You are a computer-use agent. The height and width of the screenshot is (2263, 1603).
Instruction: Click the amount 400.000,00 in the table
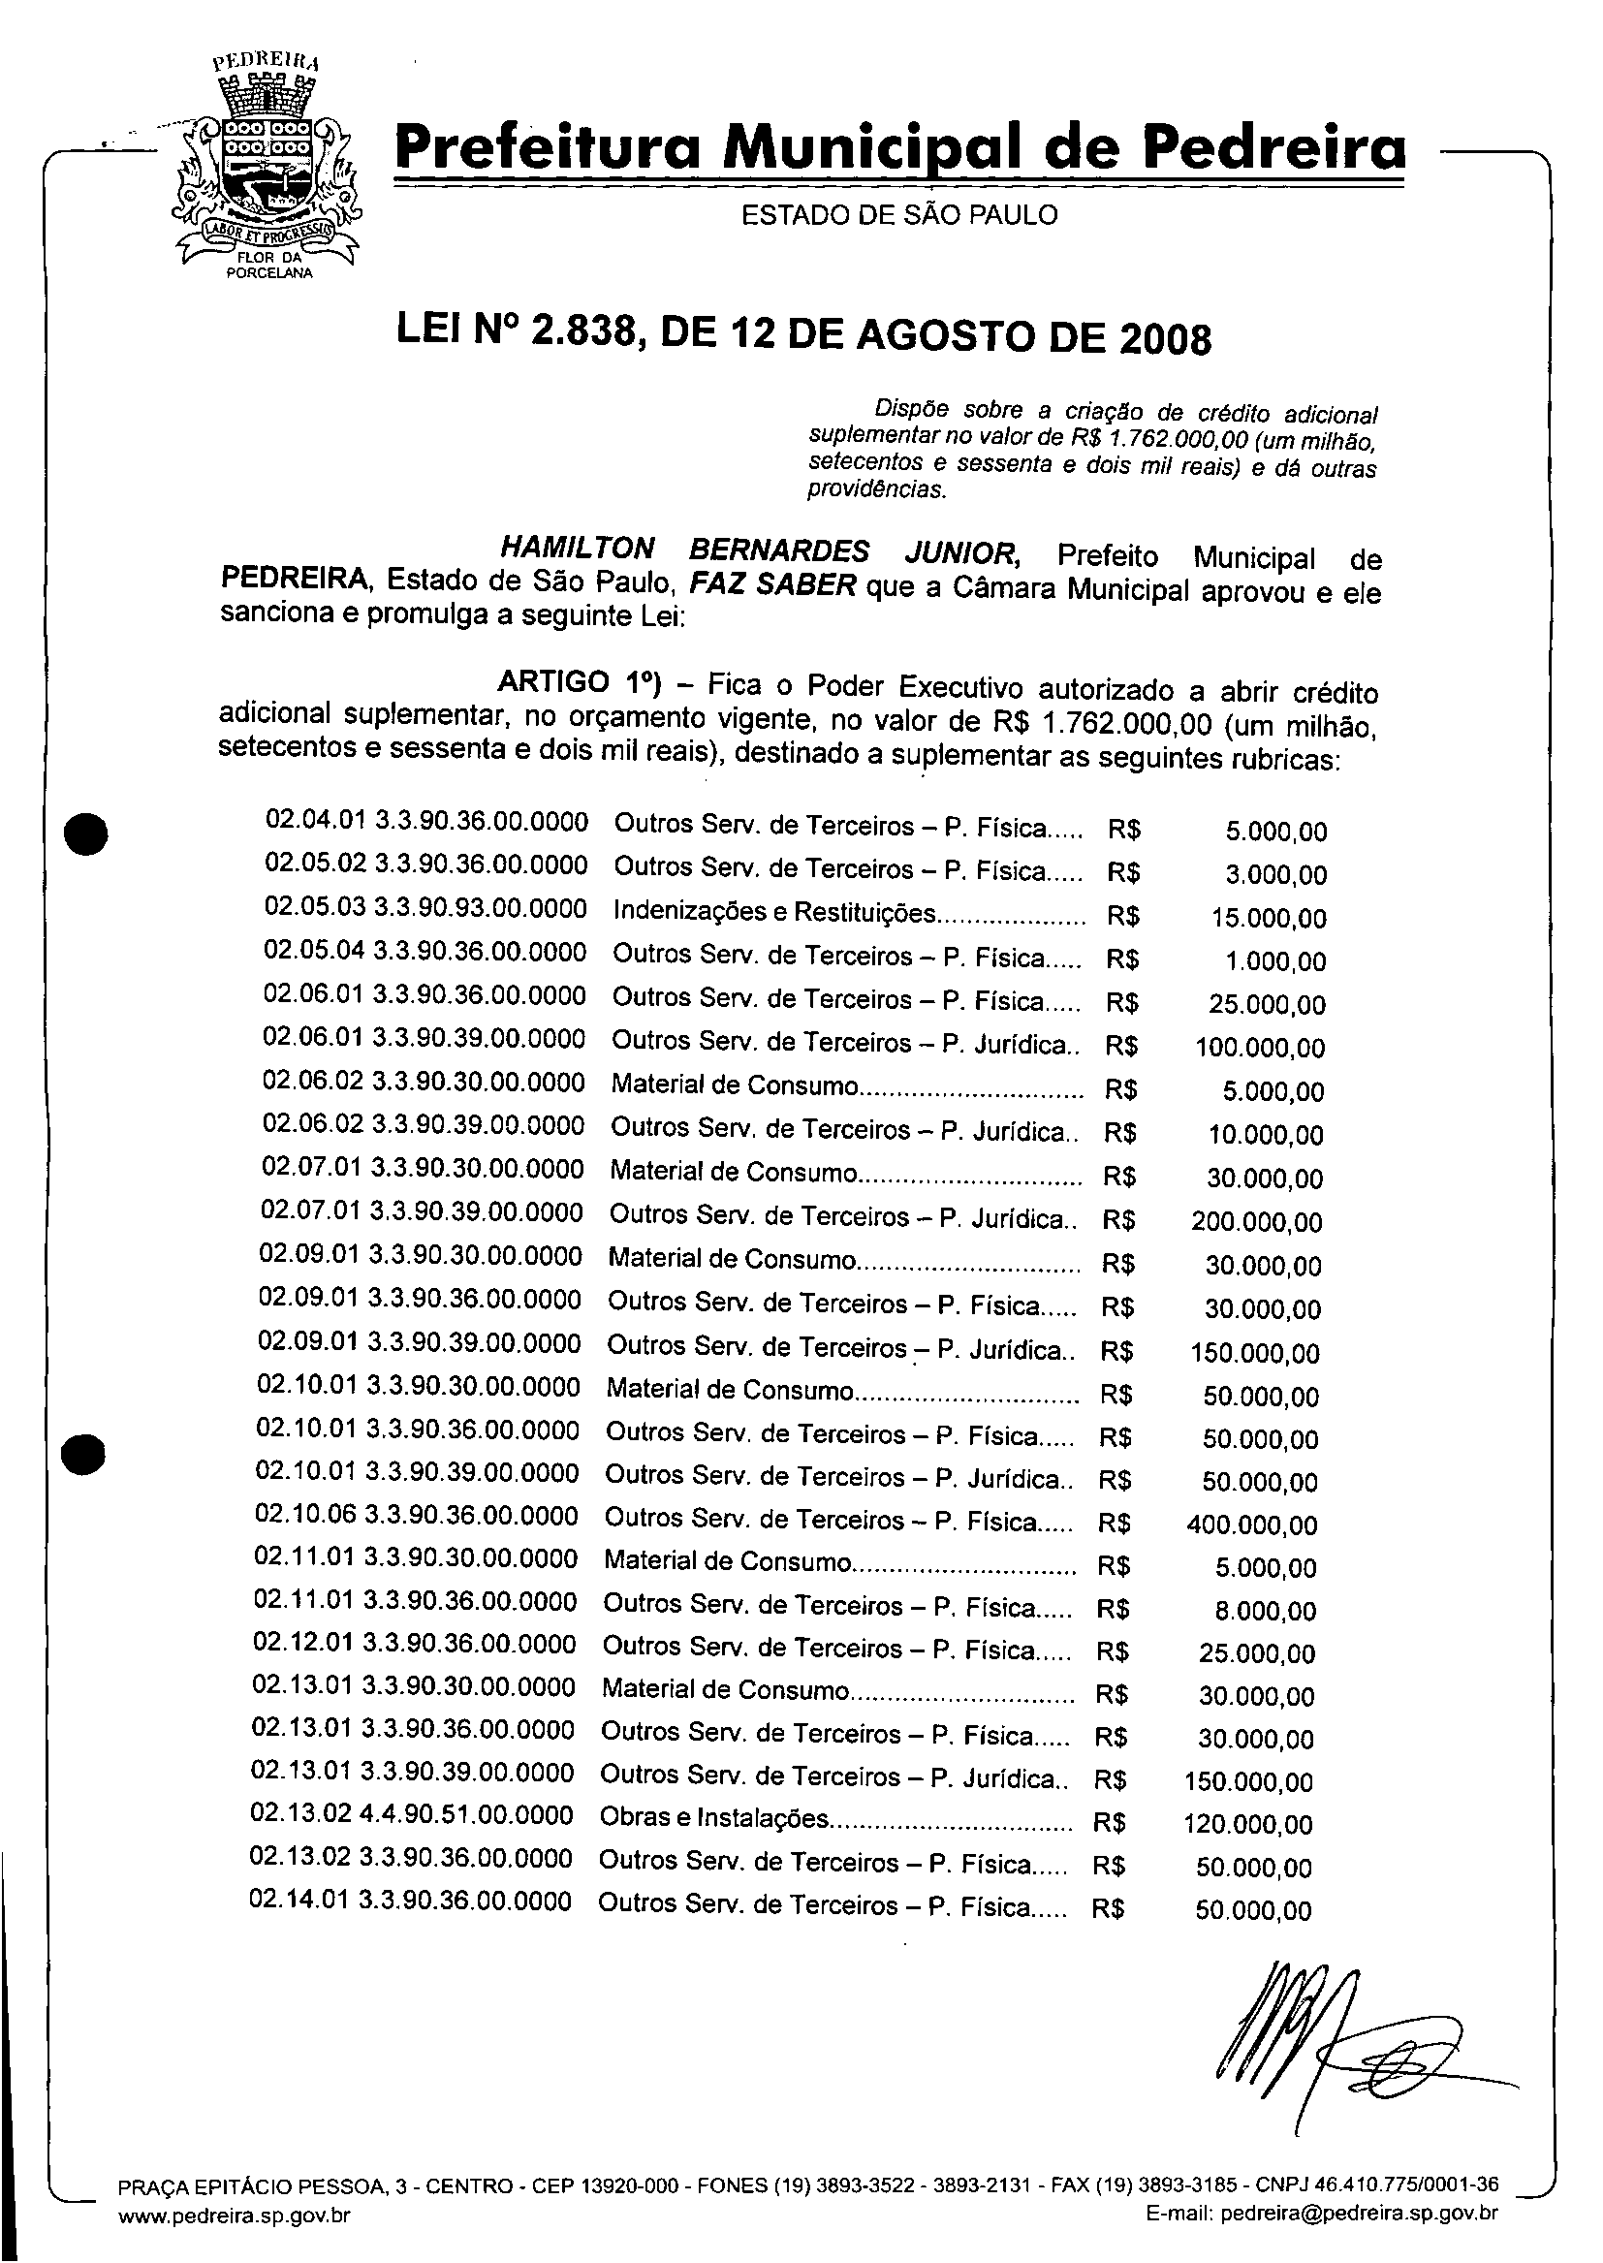(x=1251, y=1524)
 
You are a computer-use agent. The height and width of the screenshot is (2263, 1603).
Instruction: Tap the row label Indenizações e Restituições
(x=773, y=912)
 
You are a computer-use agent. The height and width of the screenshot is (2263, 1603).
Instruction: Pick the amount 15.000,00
(x=1269, y=919)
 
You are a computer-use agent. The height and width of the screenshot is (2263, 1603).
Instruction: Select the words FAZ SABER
(x=771, y=585)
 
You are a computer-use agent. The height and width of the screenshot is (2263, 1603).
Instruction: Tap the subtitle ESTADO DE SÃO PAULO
(x=899, y=215)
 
